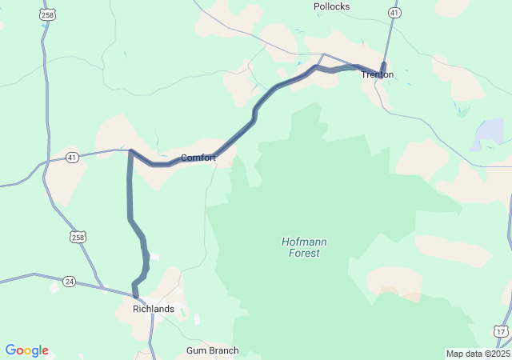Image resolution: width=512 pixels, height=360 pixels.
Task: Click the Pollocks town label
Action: (331, 6)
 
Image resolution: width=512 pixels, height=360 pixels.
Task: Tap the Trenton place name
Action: (377, 74)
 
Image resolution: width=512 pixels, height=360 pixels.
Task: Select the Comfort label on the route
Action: (198, 158)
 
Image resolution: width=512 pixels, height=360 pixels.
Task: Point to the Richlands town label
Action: (153, 309)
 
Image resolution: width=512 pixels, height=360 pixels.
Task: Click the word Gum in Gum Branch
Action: (197, 350)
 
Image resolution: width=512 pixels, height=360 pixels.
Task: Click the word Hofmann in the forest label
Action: (304, 242)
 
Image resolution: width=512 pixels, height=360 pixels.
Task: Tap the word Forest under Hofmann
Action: (304, 253)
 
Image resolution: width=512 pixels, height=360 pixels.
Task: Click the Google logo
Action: (27, 350)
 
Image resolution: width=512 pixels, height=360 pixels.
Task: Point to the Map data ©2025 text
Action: (478, 354)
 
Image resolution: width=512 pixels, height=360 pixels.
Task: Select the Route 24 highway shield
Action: (70, 281)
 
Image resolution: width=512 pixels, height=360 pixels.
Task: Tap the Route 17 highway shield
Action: (500, 330)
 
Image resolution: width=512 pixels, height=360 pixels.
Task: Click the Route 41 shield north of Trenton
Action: (394, 13)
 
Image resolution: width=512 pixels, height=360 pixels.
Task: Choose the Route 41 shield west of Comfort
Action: (72, 157)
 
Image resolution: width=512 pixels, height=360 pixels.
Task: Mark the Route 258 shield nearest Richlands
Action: (77, 237)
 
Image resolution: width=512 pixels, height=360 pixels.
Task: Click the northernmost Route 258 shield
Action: (47, 14)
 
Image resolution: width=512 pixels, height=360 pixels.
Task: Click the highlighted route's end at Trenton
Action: (384, 65)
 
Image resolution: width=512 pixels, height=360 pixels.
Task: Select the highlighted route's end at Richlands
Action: (137, 296)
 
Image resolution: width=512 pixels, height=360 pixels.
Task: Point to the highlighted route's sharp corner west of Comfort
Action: (130, 150)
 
